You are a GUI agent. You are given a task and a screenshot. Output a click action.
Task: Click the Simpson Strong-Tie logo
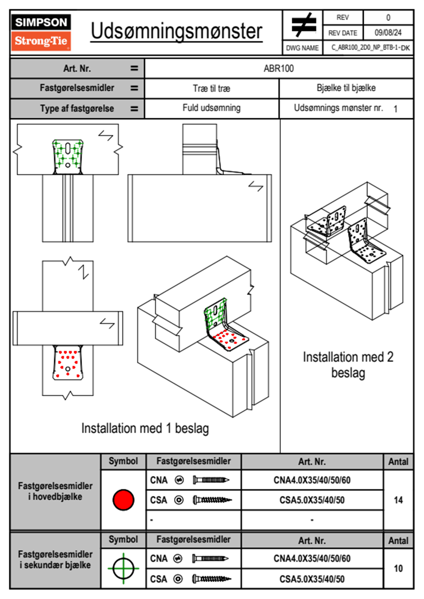[x=41, y=32]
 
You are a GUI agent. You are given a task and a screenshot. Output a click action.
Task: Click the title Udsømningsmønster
[x=176, y=31]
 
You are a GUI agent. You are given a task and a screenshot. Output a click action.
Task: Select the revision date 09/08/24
[x=388, y=33]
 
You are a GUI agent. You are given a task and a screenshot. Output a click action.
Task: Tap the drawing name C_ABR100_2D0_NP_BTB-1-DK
[x=370, y=48]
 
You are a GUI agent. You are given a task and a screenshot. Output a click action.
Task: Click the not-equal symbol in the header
[x=303, y=25]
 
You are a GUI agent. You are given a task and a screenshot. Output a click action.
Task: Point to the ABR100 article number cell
[x=279, y=68]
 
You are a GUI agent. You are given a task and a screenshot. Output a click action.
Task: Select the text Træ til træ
[x=211, y=88]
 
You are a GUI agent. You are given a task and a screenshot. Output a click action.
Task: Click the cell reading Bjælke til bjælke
[x=346, y=88]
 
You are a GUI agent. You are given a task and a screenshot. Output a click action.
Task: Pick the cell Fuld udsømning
[x=211, y=108]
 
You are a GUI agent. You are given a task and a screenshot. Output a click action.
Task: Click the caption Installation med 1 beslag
[x=145, y=428]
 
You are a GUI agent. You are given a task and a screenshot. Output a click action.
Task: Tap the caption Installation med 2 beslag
[x=348, y=365]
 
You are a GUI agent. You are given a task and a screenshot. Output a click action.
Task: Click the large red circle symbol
[x=123, y=500]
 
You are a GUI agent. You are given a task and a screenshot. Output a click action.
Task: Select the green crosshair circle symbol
[x=123, y=568]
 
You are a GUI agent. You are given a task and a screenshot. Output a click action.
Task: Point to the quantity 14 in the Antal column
[x=398, y=500]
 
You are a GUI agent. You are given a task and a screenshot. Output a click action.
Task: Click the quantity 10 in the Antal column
[x=398, y=568]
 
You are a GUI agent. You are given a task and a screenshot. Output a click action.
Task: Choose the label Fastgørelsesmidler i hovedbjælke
[x=55, y=491]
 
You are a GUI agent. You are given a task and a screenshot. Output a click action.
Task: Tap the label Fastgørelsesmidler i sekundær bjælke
[x=55, y=559]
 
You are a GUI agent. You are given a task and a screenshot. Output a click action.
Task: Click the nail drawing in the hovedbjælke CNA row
[x=211, y=480]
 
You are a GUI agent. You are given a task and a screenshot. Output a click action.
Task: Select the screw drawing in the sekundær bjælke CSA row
[x=212, y=579]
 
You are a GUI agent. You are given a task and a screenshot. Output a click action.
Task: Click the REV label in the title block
[x=342, y=17]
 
